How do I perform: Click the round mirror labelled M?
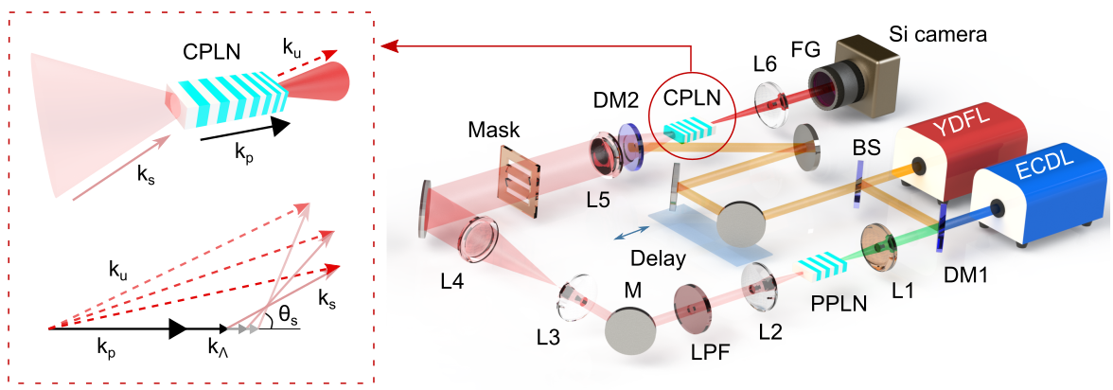click(628, 332)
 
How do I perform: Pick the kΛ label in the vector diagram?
click(221, 347)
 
